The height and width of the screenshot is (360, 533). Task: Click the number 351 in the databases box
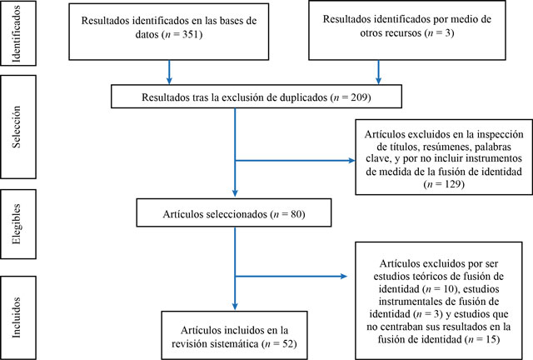click(191, 34)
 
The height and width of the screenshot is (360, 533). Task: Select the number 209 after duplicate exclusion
click(359, 97)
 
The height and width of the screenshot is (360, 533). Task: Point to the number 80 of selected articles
click(296, 214)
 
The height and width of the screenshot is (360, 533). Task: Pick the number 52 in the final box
click(288, 343)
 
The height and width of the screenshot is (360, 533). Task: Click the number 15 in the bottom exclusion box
click(491, 339)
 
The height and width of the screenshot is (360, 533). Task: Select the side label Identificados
click(17, 33)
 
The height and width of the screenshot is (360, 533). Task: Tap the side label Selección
click(17, 127)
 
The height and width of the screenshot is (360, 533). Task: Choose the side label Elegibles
click(17, 224)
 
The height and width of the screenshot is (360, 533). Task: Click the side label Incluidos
click(17, 317)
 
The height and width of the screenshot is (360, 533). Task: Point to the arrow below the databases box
click(169, 72)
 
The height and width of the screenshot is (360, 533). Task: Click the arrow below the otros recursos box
click(378, 72)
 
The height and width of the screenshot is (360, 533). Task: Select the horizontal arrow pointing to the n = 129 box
click(295, 160)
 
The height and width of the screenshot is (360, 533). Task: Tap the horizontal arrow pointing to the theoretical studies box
click(291, 276)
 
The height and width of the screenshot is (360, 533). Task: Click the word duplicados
click(303, 97)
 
